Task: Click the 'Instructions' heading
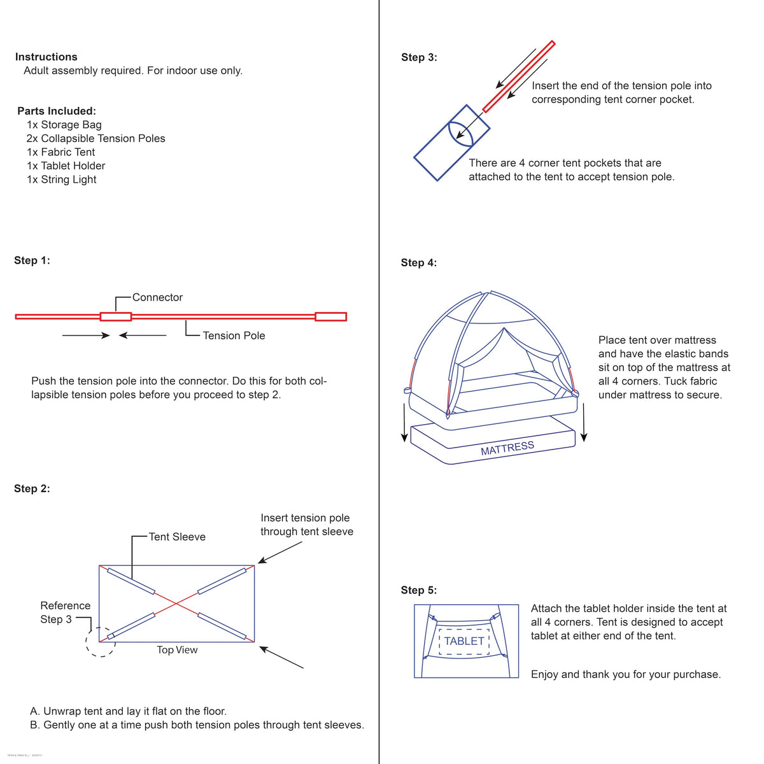click(46, 57)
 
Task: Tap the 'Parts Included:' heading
click(57, 111)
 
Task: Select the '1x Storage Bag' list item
click(64, 125)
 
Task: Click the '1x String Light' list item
click(62, 179)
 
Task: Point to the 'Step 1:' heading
click(32, 260)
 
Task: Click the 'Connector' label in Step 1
click(157, 297)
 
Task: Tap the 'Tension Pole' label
click(234, 336)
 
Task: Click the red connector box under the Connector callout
click(116, 316)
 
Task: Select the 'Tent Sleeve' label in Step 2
click(177, 537)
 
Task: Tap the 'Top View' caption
click(177, 649)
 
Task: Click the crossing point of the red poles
click(176, 604)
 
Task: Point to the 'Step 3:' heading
click(419, 57)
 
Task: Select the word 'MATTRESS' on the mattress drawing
click(507, 448)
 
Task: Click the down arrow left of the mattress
click(404, 423)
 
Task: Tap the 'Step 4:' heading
click(419, 262)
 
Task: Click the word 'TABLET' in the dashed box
click(464, 641)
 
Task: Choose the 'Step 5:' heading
click(419, 590)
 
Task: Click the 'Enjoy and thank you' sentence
click(626, 674)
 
